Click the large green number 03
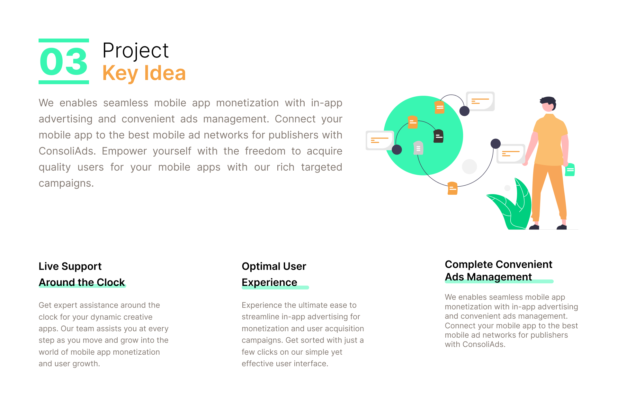(64, 61)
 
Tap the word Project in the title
(136, 51)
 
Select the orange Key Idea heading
(144, 73)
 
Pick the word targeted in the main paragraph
(321, 167)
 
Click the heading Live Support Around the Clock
(82, 274)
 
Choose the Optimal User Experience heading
(274, 274)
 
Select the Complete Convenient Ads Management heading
(498, 271)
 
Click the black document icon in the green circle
(438, 136)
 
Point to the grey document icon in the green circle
(418, 148)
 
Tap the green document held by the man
(570, 170)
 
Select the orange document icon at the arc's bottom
(452, 188)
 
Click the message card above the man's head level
(480, 101)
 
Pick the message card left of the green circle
(380, 140)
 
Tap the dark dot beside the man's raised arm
(496, 144)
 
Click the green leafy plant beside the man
(511, 206)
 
